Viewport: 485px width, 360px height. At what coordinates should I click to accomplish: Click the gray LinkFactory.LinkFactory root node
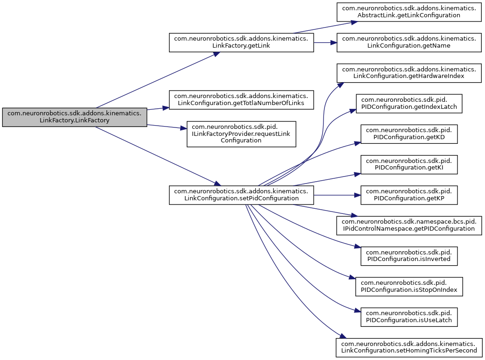[75, 117]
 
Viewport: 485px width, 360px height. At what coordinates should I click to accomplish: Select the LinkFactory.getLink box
[241, 42]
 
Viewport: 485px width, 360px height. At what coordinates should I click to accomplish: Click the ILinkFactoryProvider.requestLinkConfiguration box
[241, 134]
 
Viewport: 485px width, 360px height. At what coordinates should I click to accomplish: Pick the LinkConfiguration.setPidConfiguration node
[241, 195]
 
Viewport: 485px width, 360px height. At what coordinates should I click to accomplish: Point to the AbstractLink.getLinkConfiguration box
[409, 12]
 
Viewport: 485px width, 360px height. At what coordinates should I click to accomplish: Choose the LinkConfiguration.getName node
[409, 42]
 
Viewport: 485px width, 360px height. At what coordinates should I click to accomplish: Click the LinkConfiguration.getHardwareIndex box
[409, 73]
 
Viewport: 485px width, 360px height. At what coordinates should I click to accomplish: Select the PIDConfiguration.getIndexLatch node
[409, 104]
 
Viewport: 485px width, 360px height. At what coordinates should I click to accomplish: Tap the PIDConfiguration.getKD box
[409, 134]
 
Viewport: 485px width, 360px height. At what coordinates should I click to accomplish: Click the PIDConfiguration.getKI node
[409, 164]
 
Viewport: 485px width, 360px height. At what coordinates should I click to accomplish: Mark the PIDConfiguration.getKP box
[409, 195]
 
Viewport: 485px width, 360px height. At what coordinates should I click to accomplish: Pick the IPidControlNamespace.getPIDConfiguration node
[409, 225]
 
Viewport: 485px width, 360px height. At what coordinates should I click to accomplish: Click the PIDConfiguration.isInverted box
[409, 255]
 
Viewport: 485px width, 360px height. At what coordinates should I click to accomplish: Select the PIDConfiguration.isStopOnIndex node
[409, 286]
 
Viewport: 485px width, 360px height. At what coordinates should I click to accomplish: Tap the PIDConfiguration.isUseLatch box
[409, 317]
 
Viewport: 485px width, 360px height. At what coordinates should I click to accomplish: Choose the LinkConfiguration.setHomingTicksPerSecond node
[409, 347]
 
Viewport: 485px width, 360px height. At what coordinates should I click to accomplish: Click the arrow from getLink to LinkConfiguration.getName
[325, 42]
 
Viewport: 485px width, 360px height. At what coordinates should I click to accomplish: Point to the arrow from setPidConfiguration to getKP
[336, 195]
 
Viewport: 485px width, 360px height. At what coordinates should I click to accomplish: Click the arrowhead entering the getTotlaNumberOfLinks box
[166, 107]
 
